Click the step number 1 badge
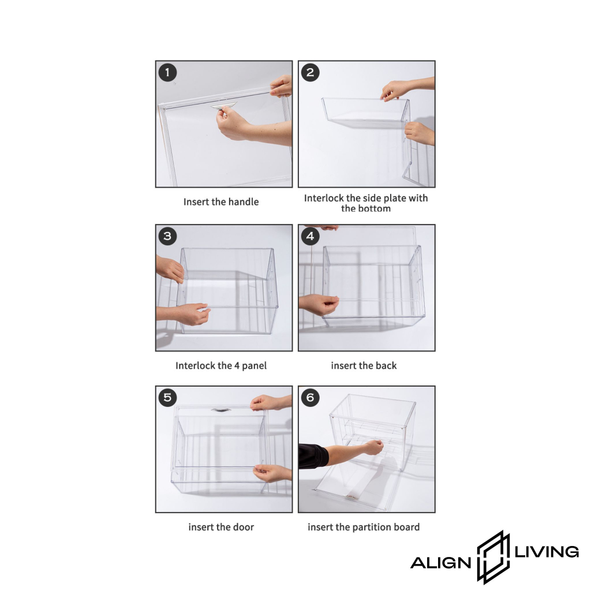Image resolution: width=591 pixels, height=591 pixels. click(x=168, y=72)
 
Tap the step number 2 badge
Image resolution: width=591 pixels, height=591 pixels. click(x=310, y=72)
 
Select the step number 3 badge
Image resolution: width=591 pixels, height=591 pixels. click(x=168, y=236)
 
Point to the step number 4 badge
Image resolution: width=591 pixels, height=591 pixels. click(x=310, y=236)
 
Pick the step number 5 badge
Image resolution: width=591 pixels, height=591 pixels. click(x=168, y=397)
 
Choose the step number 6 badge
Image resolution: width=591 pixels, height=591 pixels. click(x=310, y=397)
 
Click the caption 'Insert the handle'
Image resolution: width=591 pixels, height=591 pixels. click(x=221, y=202)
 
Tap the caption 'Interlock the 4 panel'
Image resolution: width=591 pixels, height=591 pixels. click(x=221, y=365)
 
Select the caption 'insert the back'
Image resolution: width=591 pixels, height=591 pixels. click(x=364, y=365)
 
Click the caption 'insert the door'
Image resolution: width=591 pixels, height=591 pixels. click(x=221, y=527)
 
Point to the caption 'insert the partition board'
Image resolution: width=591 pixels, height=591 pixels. click(x=364, y=527)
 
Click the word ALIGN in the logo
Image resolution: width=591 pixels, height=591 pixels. click(x=440, y=563)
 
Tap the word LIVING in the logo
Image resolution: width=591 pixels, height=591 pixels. click(x=547, y=552)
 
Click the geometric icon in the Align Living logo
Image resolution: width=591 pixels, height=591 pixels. click(x=493, y=557)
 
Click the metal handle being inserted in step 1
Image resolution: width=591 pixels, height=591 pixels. click(x=224, y=106)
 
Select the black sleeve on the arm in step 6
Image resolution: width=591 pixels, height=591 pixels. click(x=313, y=456)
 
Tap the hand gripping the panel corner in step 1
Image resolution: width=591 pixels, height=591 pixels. click(x=281, y=85)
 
